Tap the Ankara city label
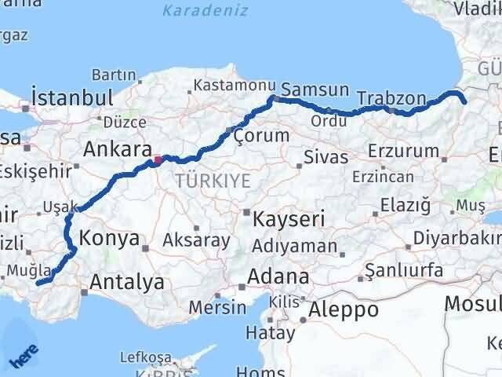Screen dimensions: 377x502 (x=117, y=149)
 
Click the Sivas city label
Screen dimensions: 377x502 (x=326, y=157)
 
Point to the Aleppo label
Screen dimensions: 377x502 (x=344, y=309)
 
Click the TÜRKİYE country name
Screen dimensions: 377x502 (x=213, y=181)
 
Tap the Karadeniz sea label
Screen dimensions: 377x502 (x=206, y=11)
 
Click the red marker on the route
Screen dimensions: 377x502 (x=158, y=159)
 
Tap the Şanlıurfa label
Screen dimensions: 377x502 (x=406, y=271)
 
